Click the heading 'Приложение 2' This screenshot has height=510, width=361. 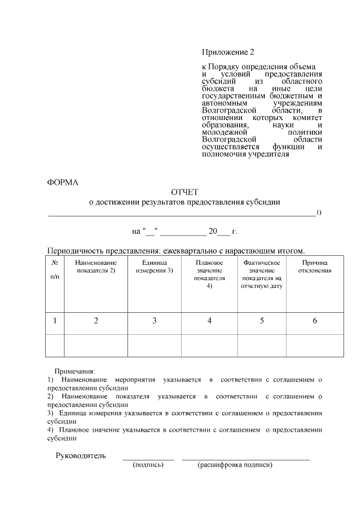(228, 52)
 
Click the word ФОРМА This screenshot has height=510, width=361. (63, 182)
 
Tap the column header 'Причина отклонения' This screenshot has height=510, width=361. (315, 267)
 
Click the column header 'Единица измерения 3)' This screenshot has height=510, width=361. (154, 267)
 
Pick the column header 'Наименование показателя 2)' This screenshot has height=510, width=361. (96, 267)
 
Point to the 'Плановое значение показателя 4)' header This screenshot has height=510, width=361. (209, 274)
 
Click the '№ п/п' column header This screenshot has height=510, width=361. (55, 270)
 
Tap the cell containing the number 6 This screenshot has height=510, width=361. (315, 321)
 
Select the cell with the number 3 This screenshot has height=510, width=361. (154, 321)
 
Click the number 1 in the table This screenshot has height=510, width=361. (55, 321)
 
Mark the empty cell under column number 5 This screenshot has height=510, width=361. (262, 345)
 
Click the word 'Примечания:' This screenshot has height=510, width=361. (74, 372)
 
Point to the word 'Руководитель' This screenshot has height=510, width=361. (80, 455)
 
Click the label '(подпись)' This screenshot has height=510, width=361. (148, 465)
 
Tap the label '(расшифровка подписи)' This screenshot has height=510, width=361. (235, 465)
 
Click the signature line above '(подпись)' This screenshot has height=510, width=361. (148, 460)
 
